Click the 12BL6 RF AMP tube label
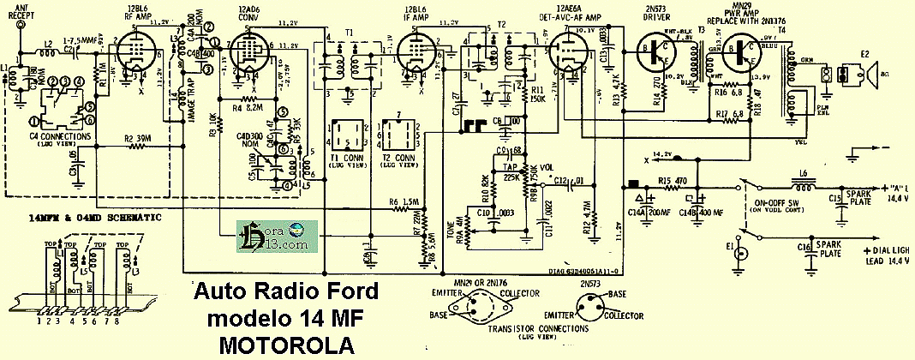pos(137,13)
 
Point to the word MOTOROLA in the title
pos(280,345)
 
